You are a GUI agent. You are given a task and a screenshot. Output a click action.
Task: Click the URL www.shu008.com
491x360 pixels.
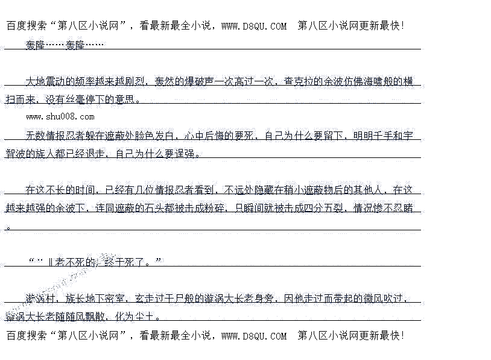coord(60,116)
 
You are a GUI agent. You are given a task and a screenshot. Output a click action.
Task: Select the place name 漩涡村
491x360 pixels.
coord(41,298)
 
